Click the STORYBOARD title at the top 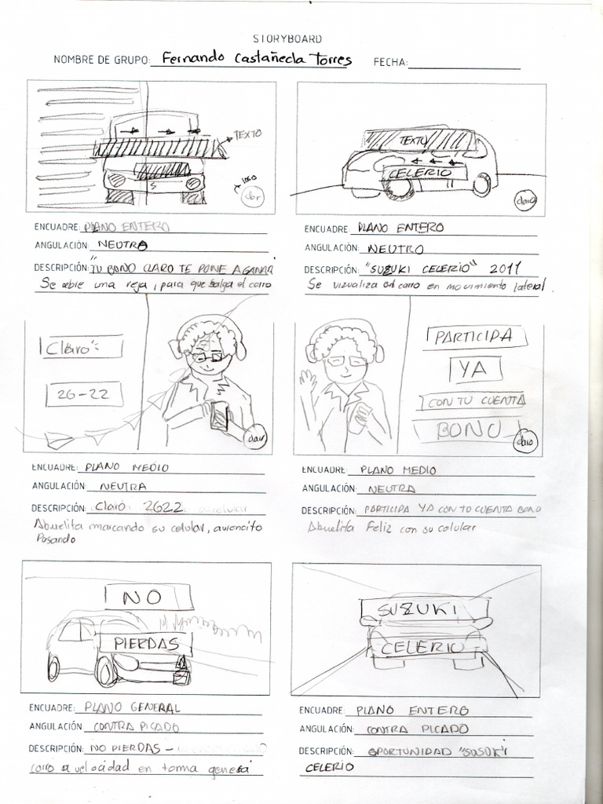(287, 38)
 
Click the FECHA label (390, 62)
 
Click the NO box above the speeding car (142, 597)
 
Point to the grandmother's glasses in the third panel (208, 357)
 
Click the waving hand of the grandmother (307, 383)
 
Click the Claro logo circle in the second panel (524, 199)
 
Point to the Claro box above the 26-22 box (72, 346)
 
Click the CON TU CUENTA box (473, 402)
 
